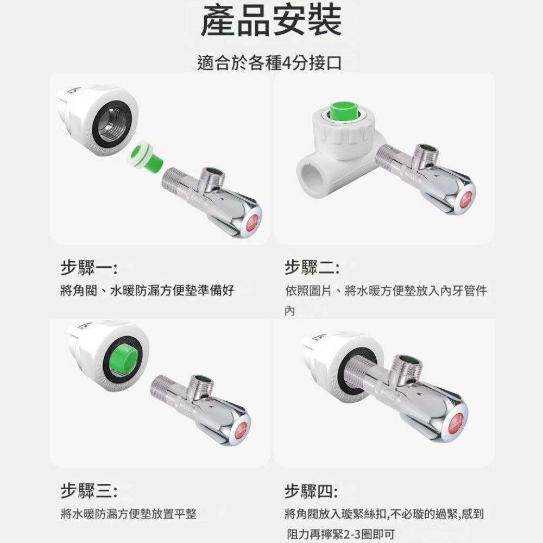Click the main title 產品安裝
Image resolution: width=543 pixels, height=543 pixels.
coord(271,20)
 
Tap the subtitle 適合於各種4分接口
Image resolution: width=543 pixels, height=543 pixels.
coord(269,63)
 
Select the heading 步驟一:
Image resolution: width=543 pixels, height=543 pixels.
coord(89,267)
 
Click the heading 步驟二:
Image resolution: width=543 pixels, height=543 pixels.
coord(312,267)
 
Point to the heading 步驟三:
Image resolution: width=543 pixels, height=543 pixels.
coord(89,491)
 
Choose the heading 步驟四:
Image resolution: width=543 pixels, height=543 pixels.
coord(311,491)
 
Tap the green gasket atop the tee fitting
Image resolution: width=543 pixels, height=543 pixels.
coord(344,111)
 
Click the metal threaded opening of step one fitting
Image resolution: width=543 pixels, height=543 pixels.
coord(113,125)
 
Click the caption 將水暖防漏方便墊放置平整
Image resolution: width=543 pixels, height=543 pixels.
coord(129,514)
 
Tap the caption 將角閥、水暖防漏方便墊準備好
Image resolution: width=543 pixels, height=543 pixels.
coord(147,290)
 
